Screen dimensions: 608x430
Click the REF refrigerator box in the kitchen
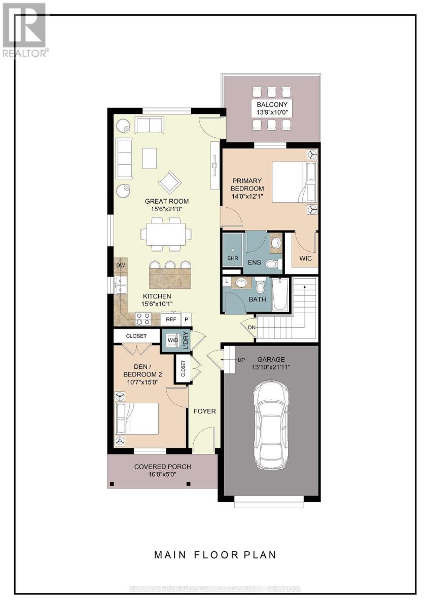[x=171, y=320]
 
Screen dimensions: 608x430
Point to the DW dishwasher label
[x=120, y=265]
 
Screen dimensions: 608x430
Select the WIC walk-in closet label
[x=306, y=258]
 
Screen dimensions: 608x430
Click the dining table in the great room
[x=166, y=234]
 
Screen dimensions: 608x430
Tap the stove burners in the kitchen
[x=143, y=319]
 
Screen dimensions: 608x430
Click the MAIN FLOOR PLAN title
[x=216, y=555]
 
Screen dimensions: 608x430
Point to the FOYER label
[x=205, y=411]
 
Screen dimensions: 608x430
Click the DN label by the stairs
[x=252, y=327]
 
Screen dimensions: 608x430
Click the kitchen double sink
[x=121, y=285]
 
